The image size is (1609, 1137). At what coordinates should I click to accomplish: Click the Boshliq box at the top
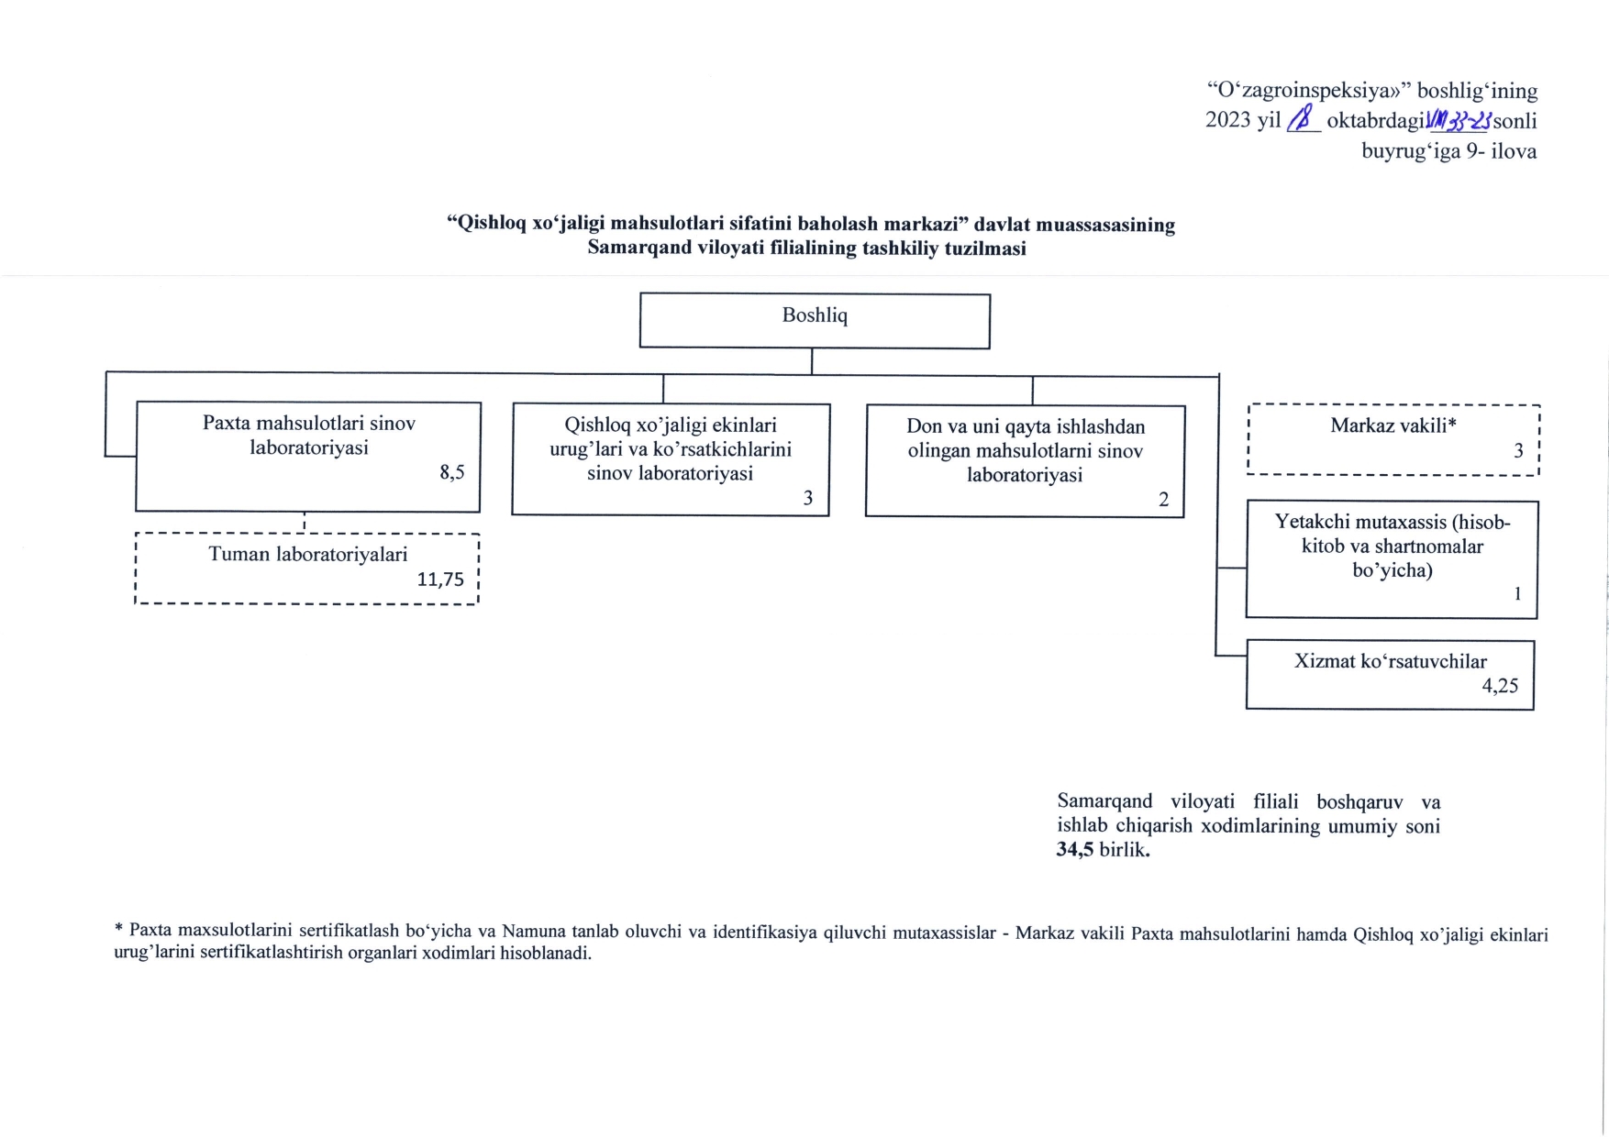[815, 320]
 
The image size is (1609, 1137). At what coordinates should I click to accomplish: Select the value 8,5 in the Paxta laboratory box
[452, 472]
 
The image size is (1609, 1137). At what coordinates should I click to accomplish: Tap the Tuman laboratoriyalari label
[307, 554]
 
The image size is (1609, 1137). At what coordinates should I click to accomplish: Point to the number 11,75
[440, 580]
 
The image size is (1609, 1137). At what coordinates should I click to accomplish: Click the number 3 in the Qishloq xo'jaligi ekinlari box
[808, 498]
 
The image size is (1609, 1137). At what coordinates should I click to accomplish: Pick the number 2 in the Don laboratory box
[1163, 500]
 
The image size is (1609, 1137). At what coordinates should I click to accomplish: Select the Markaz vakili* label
[1393, 425]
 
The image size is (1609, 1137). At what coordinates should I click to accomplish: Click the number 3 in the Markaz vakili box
[1518, 450]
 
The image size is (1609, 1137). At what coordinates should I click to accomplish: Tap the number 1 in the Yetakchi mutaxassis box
[1517, 594]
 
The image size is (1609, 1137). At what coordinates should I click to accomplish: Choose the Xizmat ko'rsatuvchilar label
[1390, 661]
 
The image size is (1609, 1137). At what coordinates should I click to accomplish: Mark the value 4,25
[1500, 686]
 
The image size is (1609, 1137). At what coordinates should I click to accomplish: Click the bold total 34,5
[1075, 850]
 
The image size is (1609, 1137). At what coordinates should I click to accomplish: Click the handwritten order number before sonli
[1459, 120]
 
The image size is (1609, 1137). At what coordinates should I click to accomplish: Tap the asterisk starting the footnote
[118, 930]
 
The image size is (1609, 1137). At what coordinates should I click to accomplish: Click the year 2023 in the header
[1228, 120]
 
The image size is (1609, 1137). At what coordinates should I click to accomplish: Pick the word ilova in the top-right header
[1514, 151]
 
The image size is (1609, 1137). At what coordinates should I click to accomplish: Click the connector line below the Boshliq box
[812, 361]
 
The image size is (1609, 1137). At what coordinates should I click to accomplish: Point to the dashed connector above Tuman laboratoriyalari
[305, 523]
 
